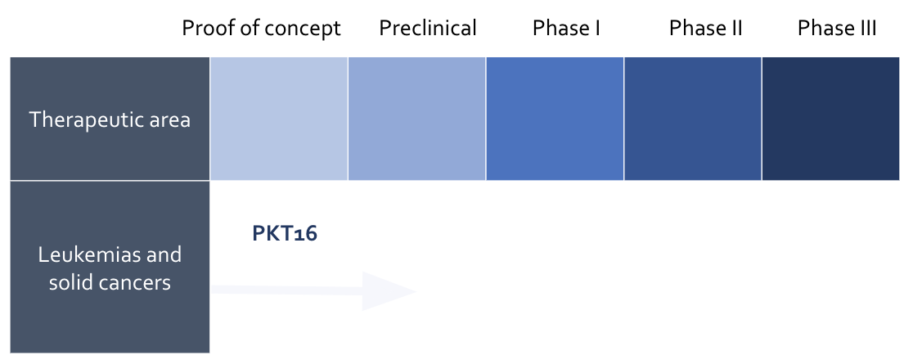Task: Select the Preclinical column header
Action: pos(427,29)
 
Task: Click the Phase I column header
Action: pos(566,29)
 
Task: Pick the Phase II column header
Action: pos(705,29)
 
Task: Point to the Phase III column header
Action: pos(837,29)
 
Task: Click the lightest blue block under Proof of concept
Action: pos(279,119)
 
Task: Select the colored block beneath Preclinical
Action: pos(417,119)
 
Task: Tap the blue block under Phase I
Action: pos(555,119)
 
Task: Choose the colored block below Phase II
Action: pos(692,119)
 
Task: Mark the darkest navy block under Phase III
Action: pos(830,119)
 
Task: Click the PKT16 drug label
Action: pos(284,234)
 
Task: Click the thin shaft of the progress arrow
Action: pos(286,290)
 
